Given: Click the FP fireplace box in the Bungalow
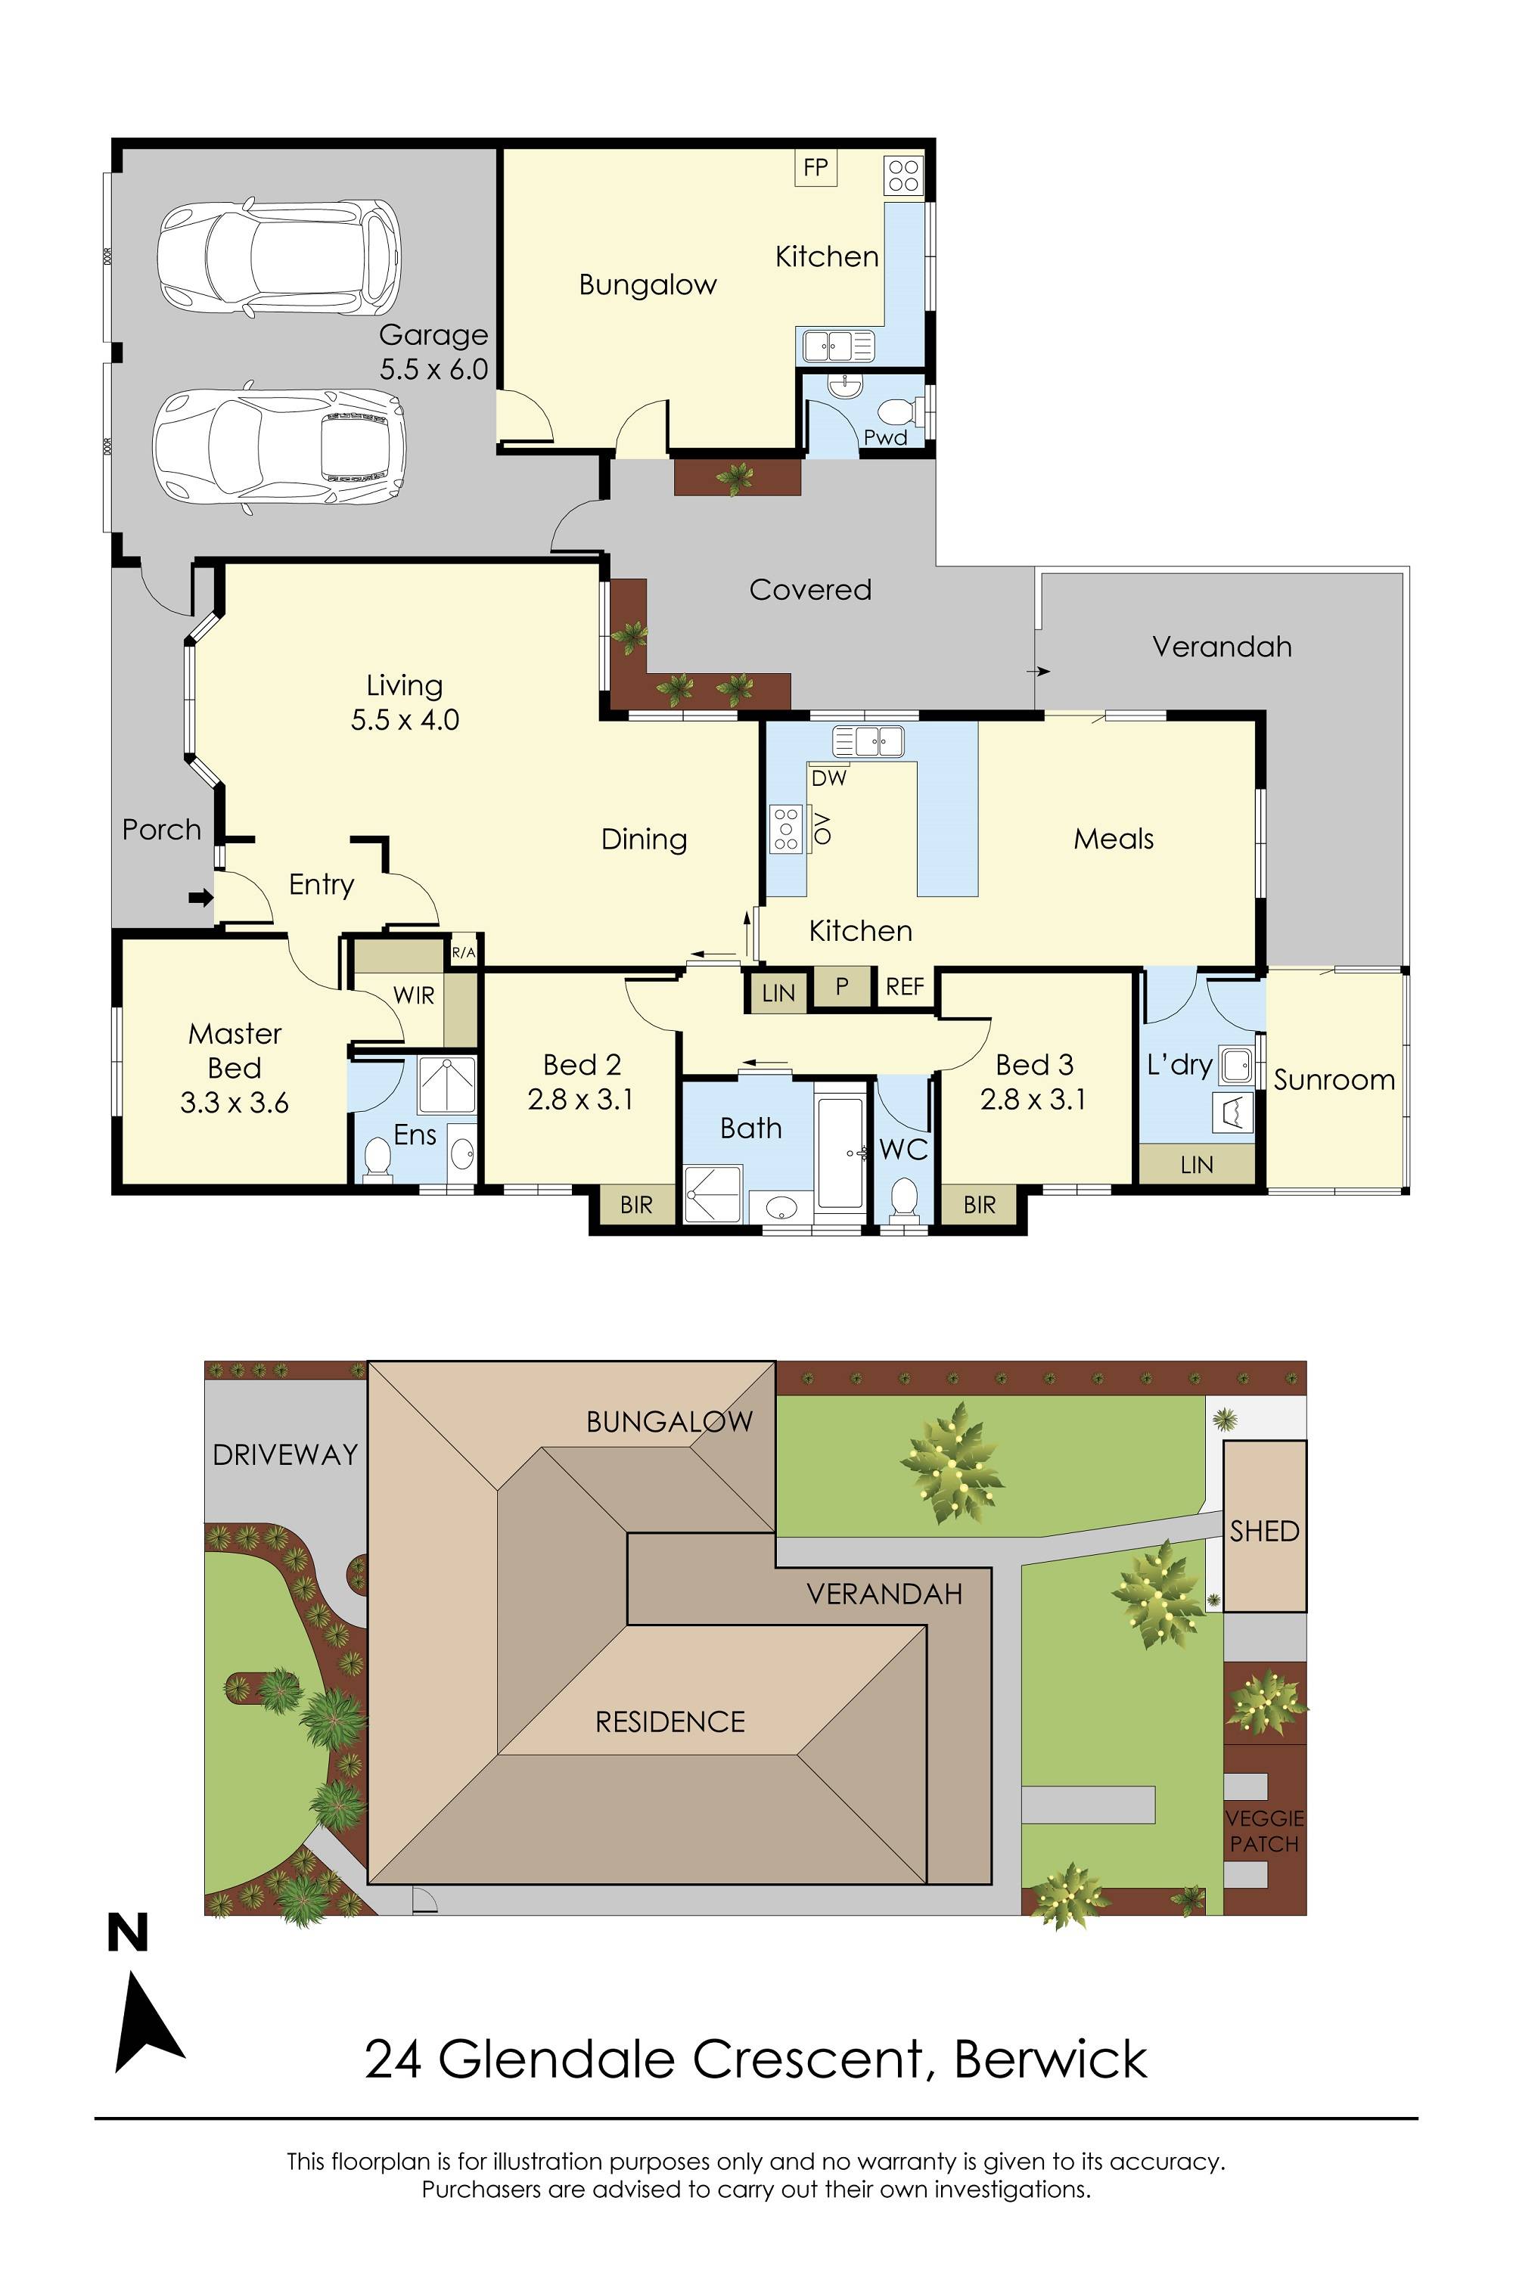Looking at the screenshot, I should (x=816, y=168).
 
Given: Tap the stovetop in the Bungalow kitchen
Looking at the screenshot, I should (x=903, y=175).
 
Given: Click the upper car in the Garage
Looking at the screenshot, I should (x=279, y=258).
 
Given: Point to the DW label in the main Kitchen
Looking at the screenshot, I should (x=829, y=778).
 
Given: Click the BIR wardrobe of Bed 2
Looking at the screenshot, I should (x=636, y=1204).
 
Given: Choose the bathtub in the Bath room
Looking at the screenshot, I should (x=840, y=1152).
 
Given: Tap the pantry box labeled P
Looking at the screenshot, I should (x=841, y=986).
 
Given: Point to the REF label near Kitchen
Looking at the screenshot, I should (x=904, y=987).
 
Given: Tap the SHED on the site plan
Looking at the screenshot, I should (x=1264, y=1531).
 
